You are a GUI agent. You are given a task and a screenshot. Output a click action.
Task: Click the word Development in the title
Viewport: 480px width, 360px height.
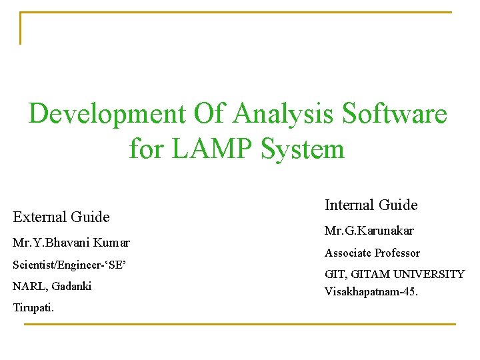[x=107, y=113]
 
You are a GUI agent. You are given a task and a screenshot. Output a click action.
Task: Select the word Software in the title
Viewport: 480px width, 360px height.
[x=395, y=113]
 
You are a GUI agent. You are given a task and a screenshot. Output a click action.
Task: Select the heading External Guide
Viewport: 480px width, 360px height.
[x=61, y=217]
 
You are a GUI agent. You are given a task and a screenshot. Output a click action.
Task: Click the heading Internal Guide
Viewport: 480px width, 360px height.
[x=371, y=205]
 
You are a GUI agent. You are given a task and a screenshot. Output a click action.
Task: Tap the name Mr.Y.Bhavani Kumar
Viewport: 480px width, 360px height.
[x=71, y=243]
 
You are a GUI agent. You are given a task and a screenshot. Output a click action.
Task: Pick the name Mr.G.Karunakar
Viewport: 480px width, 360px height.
[x=369, y=231]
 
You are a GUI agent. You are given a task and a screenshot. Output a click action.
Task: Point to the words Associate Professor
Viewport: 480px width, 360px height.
[x=372, y=253]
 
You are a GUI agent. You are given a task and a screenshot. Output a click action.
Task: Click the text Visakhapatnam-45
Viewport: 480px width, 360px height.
[x=371, y=291]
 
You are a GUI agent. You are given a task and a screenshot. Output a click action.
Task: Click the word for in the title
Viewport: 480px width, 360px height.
[x=147, y=148]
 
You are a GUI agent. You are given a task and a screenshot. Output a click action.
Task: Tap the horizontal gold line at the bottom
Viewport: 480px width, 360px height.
[x=240, y=324]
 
